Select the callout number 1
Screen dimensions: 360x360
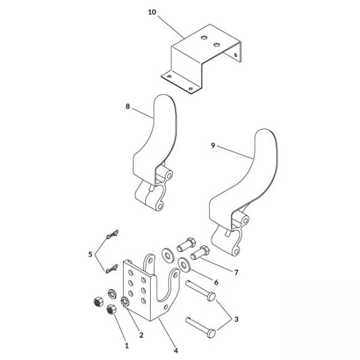(x=127, y=346)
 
